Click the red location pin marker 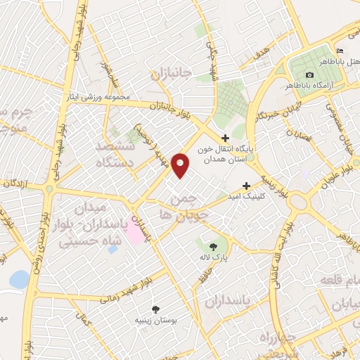click(181, 165)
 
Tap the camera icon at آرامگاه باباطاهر click(310, 75)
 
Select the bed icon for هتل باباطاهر click(340, 51)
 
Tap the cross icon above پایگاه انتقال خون click(225, 138)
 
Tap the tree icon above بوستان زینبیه click(155, 309)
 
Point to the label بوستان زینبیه click(155, 320)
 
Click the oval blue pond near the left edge click(19, 280)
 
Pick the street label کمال click(85, 322)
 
